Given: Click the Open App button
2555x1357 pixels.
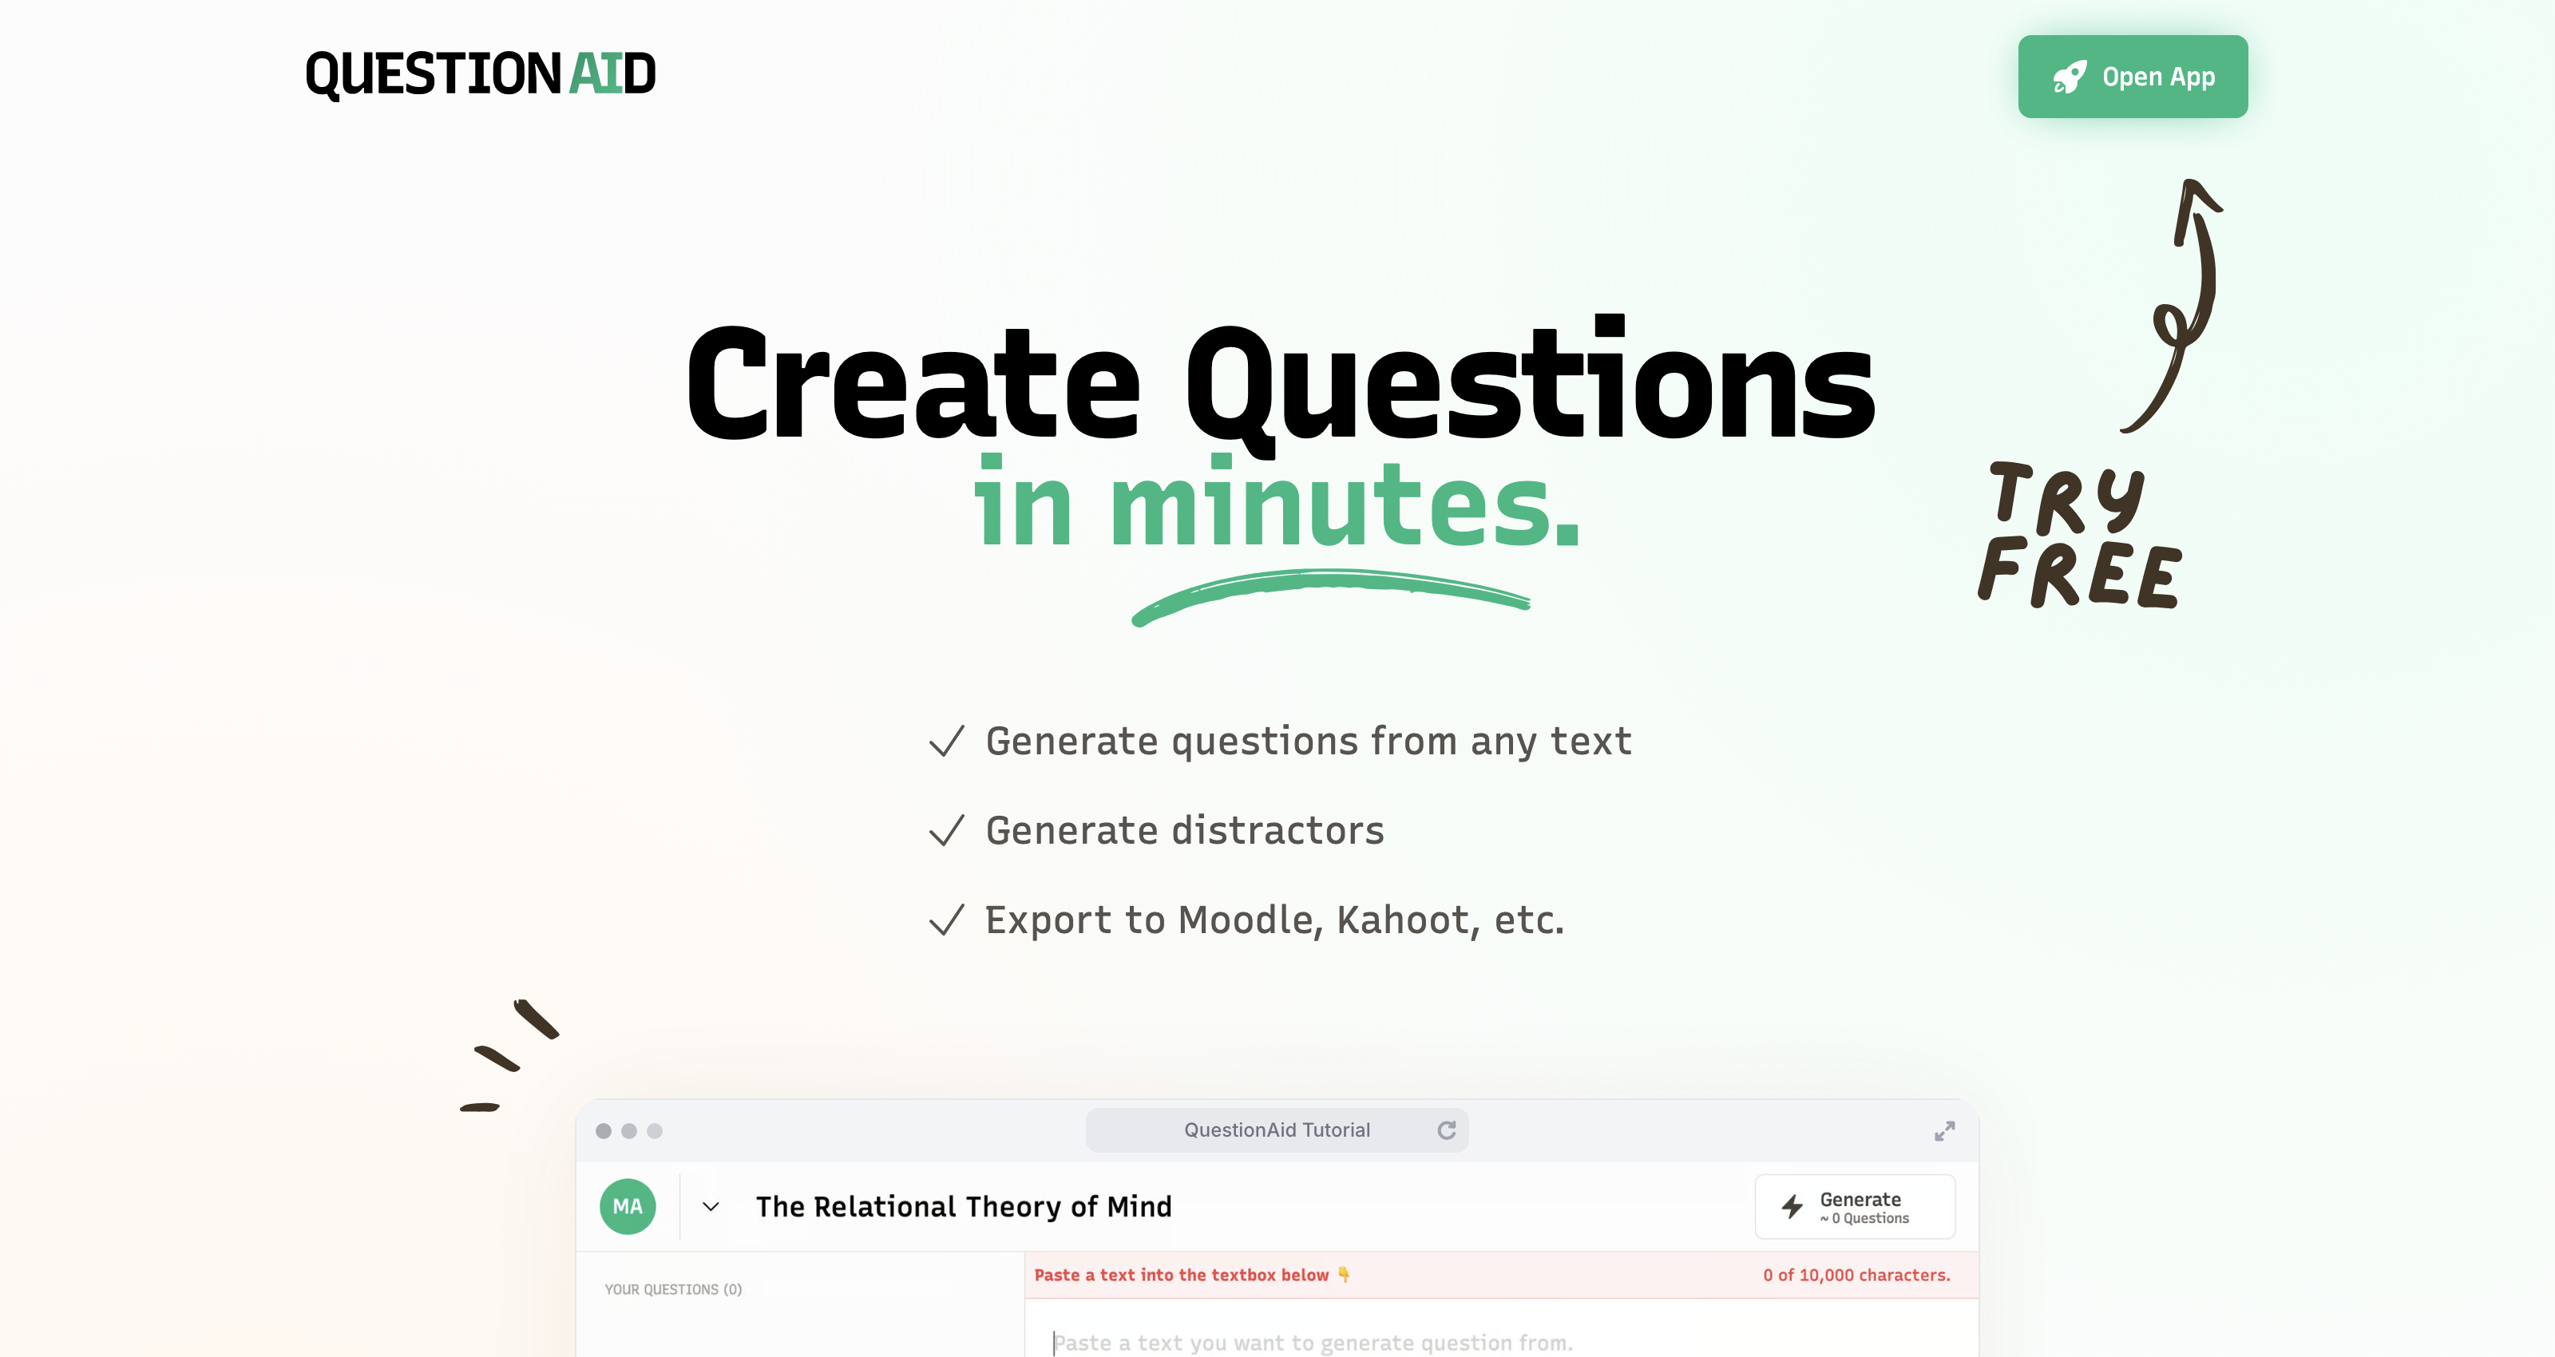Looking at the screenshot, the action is (x=2133, y=77).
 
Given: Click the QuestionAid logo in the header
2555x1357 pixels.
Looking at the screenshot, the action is (x=481, y=74).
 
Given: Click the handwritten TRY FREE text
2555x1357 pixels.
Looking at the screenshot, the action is (x=2079, y=535).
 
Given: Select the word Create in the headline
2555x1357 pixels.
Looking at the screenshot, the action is (x=913, y=384).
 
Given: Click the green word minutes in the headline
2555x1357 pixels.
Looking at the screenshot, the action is (x=1345, y=502).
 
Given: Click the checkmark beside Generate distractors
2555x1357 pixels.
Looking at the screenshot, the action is (x=946, y=830).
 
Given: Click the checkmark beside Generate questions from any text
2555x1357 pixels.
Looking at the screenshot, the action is (x=946, y=741).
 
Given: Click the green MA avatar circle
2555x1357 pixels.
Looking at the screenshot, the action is (x=628, y=1206).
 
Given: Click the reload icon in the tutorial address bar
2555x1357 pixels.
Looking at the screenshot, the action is (x=1447, y=1130).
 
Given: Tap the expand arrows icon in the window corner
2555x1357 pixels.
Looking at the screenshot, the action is (x=1945, y=1131).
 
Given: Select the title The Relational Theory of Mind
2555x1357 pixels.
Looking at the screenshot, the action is (x=964, y=1206).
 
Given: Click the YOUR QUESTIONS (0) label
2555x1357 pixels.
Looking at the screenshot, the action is (x=673, y=1289).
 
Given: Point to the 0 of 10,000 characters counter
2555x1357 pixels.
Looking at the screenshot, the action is (x=1856, y=1275).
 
